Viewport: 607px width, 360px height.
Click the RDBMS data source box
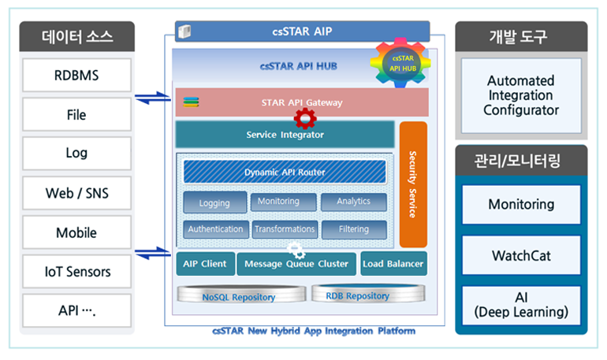tap(76, 75)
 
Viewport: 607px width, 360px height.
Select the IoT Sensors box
tap(76, 272)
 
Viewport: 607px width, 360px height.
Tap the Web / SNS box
tap(76, 193)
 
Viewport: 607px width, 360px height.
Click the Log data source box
tap(76, 153)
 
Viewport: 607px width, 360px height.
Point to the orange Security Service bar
tap(413, 184)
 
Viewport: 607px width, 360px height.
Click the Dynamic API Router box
tap(285, 172)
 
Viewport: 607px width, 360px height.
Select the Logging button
tap(215, 202)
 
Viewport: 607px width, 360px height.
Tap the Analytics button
tap(354, 202)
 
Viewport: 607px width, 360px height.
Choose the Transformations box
tap(285, 229)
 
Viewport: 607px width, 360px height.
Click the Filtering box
tap(354, 229)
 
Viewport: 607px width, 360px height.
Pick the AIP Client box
tap(205, 264)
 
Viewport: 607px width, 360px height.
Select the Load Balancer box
tap(393, 264)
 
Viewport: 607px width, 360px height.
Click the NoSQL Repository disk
tap(241, 295)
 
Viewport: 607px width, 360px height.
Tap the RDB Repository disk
tap(368, 294)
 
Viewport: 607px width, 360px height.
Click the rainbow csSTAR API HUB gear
tap(400, 63)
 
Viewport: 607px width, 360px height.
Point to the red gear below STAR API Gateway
tap(305, 118)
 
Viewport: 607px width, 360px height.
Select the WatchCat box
tap(521, 255)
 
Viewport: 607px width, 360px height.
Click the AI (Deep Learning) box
tap(521, 305)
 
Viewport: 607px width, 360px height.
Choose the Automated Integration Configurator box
tap(521, 95)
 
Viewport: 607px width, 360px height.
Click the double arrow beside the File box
tap(153, 98)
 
